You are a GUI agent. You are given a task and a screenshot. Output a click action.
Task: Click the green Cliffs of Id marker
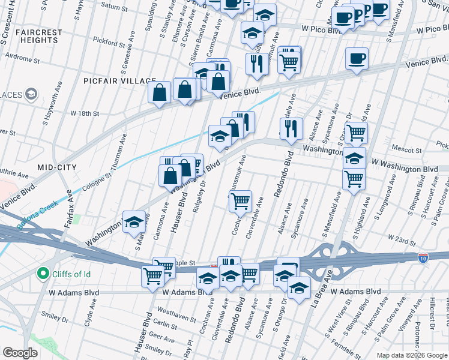coord(43,275)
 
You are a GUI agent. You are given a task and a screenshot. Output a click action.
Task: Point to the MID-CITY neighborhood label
coord(56,167)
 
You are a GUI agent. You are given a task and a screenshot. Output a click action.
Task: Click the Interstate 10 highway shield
coord(423,257)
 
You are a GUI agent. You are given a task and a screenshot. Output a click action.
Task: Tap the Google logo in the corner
coord(20,352)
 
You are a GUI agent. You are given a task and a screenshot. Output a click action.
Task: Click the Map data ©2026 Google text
coord(411,355)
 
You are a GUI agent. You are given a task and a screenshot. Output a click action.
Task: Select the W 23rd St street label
coord(401,241)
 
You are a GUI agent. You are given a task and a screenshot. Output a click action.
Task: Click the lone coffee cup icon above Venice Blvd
coord(357,58)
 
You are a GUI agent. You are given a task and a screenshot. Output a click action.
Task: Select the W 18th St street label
coord(84,113)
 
